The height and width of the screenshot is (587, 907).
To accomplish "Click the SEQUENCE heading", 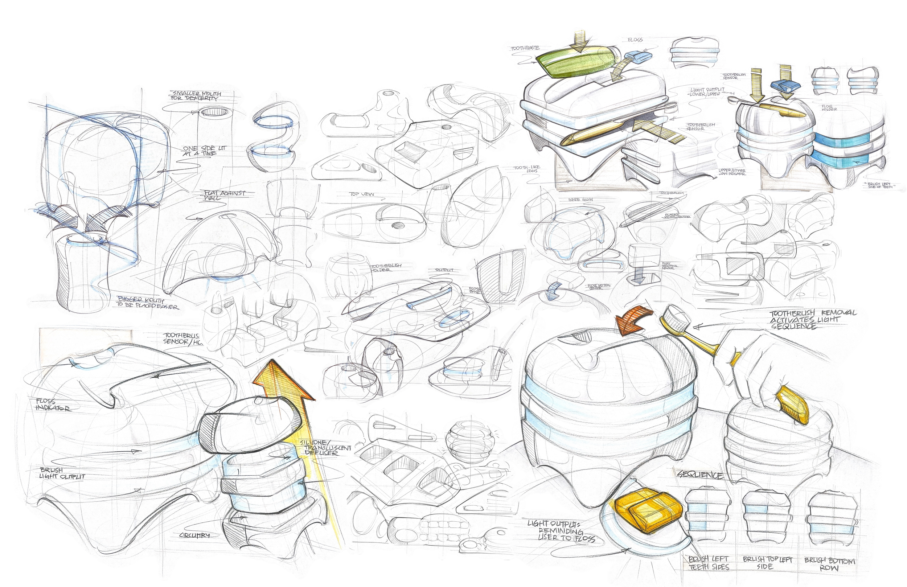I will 700,475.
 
